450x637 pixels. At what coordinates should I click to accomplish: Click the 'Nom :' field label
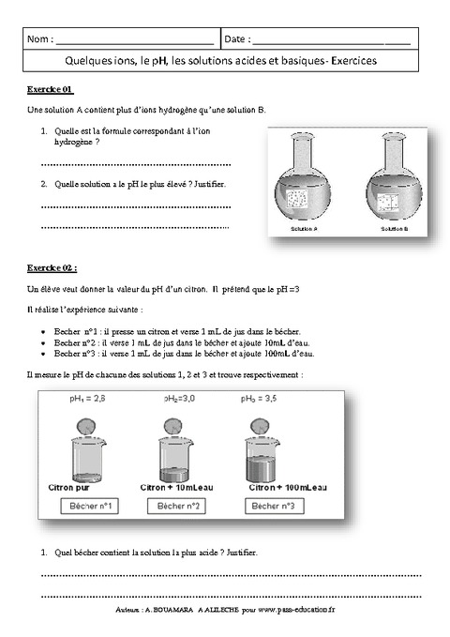click(x=40, y=39)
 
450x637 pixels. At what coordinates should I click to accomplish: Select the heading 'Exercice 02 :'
click(x=52, y=266)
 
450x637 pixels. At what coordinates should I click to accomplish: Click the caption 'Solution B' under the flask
click(x=393, y=229)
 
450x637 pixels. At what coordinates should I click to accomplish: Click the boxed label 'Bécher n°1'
click(x=91, y=507)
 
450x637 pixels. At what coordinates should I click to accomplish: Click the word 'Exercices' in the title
click(x=349, y=60)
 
